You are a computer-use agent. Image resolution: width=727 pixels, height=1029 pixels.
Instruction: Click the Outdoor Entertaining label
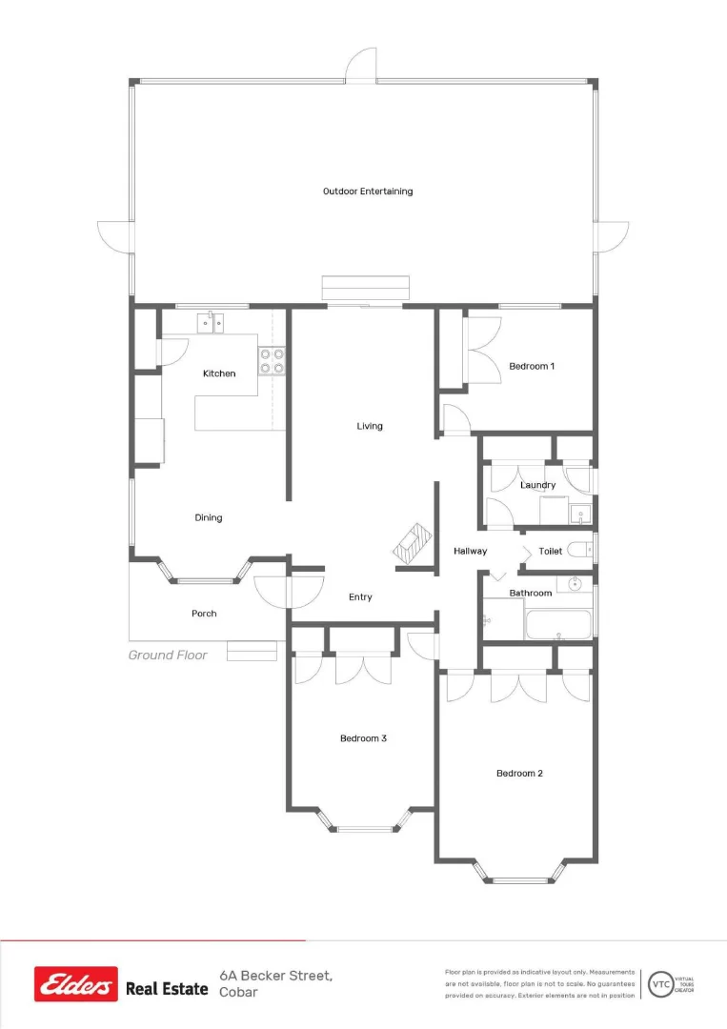coord(368,192)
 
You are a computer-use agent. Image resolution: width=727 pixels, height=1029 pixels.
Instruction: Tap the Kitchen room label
coord(219,373)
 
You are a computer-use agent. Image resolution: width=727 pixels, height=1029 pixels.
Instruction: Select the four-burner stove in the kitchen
coord(272,360)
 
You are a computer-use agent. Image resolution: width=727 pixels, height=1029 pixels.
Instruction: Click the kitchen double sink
coord(212,325)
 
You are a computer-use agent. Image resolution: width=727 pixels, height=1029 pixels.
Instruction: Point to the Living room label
coord(370,426)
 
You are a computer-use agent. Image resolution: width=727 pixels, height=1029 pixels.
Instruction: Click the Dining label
coord(209,518)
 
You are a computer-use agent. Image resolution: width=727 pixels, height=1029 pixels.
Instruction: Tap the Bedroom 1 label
coord(532,366)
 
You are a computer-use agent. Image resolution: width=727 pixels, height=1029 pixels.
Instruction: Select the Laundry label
coord(538,485)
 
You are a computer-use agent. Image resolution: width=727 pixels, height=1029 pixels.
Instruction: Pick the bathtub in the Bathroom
coord(558,625)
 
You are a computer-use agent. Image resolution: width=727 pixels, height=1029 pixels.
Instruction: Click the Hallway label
coord(470,551)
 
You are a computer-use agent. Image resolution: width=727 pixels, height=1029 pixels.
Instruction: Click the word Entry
coord(360,597)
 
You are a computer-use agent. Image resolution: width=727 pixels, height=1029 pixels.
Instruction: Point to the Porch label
coord(204,614)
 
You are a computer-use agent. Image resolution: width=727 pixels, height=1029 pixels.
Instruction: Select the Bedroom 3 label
coord(363,738)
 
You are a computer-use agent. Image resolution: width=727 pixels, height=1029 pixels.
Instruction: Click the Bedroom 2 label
coord(519,774)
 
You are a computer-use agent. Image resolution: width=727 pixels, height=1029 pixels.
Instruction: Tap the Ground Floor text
coord(168,656)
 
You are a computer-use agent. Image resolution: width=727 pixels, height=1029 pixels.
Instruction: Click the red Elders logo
coord(76,984)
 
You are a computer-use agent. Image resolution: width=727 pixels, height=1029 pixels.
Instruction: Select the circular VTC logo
coord(658,983)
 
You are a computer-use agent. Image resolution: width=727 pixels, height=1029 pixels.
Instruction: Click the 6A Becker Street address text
coord(275,976)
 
